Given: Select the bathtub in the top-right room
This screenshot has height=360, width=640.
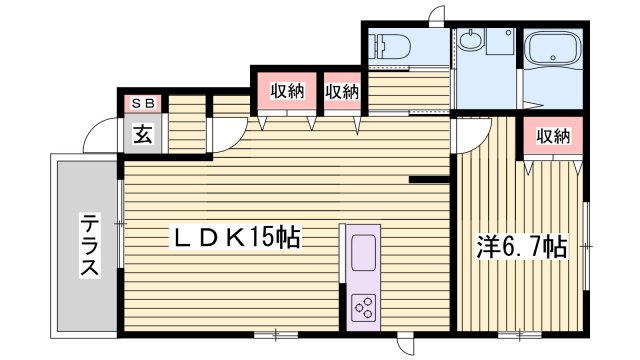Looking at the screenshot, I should pyautogui.click(x=551, y=53).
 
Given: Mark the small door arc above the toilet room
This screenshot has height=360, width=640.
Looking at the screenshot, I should pyautogui.click(x=437, y=17).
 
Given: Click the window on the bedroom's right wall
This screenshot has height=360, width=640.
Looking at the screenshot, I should pyautogui.click(x=586, y=240).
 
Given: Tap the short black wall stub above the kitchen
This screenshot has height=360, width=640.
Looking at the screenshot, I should pyautogui.click(x=427, y=180).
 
